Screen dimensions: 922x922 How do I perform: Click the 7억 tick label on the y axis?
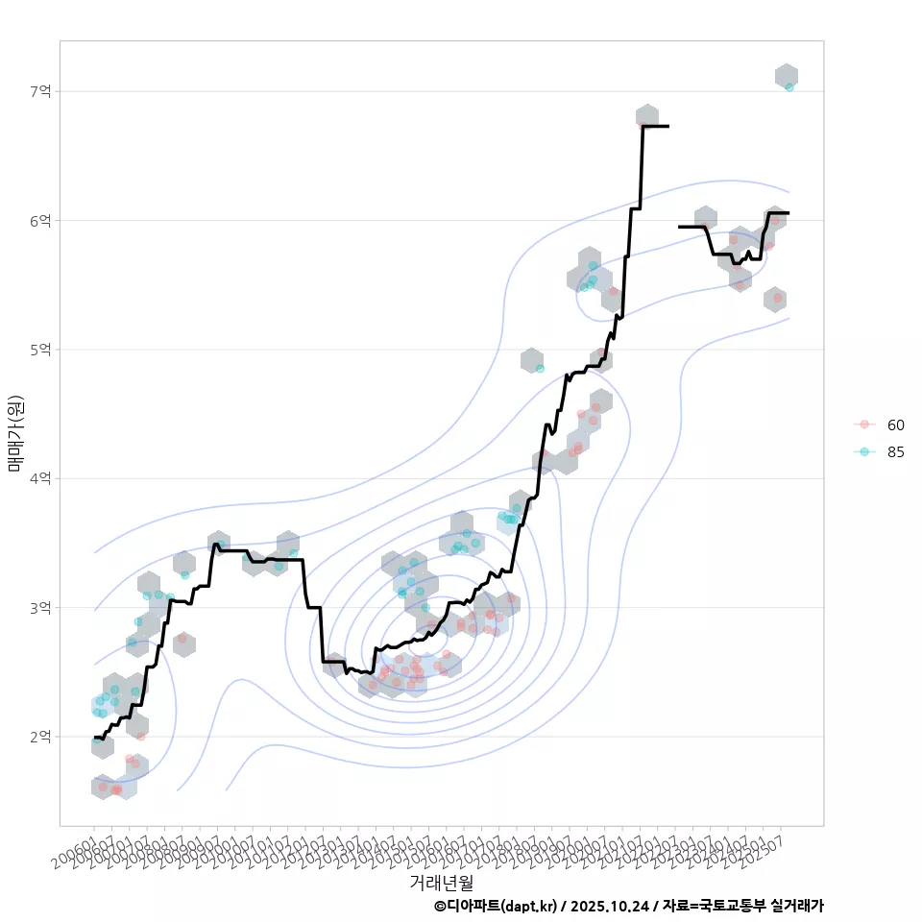(41, 91)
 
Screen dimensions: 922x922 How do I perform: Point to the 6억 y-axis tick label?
(41, 220)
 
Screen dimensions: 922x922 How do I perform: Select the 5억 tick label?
(41, 350)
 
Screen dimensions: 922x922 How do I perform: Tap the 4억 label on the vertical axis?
(41, 478)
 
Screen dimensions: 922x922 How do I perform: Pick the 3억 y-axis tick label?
(41, 608)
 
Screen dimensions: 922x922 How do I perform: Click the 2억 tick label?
(41, 737)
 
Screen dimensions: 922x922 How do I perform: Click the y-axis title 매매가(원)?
(15, 434)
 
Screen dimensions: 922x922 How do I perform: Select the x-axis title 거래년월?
(441, 882)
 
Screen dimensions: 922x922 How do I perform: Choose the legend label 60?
(896, 425)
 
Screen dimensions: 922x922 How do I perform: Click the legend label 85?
(896, 451)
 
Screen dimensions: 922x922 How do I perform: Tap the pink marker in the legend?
(864, 425)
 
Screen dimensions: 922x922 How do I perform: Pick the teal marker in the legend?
(864, 451)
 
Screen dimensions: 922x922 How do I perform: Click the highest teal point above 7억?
(789, 87)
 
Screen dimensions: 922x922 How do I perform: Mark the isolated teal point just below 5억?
(540, 369)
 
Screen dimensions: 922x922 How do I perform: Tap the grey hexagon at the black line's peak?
(647, 117)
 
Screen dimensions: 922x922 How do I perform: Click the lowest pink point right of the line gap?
(778, 299)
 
